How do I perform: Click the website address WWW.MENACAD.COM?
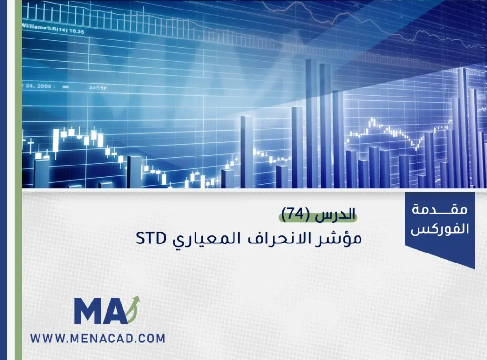(97, 339)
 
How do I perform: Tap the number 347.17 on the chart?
(97, 88)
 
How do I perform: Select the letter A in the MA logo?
(117, 312)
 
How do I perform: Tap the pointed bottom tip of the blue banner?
(474, 267)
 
